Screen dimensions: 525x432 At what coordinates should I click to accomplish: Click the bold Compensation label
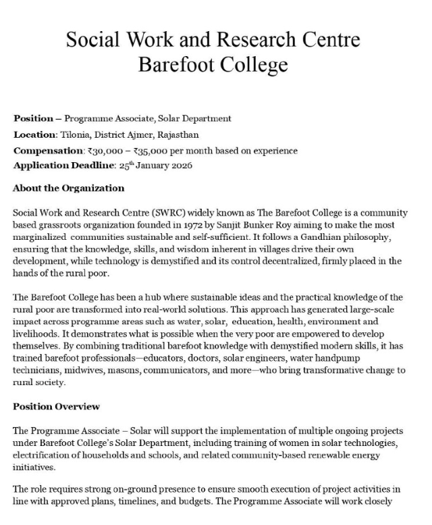48,150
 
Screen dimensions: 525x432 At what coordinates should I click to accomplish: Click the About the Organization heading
69,188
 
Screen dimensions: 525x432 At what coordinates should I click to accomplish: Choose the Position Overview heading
57,406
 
